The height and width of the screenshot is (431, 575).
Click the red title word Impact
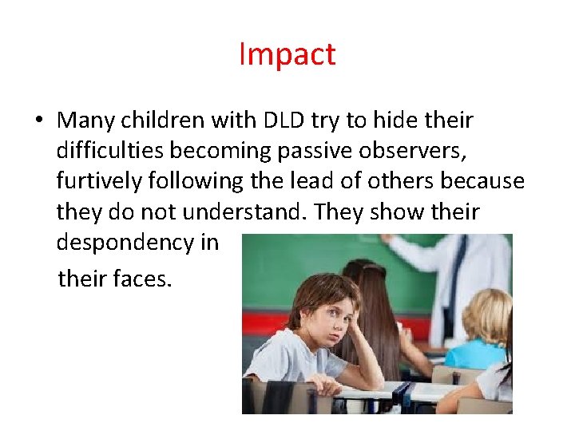tap(287, 55)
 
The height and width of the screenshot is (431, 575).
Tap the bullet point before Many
tap(38, 121)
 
